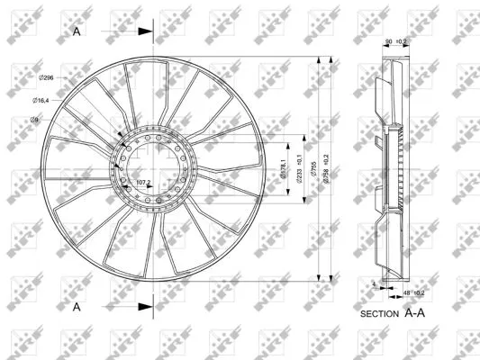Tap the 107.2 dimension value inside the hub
(142, 183)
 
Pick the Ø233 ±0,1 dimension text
(298, 167)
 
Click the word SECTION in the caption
(378, 314)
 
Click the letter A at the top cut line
(77, 31)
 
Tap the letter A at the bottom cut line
(77, 307)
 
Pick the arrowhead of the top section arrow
(146, 31)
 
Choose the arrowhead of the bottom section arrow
(146, 307)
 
